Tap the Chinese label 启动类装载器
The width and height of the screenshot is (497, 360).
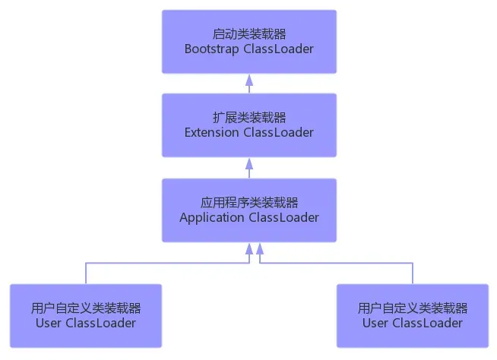tap(249, 34)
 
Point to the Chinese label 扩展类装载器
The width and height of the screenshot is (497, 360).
tap(249, 118)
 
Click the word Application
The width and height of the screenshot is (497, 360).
tap(212, 218)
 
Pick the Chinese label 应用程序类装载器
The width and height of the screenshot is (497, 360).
tap(249, 203)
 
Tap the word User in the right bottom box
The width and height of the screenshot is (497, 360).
tap(375, 323)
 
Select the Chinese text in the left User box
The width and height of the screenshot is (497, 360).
tap(86, 308)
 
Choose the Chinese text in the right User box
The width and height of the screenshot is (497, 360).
tap(413, 308)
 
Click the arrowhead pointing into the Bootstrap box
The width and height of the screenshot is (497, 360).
tap(249, 78)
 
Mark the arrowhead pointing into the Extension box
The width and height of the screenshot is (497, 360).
tap(249, 163)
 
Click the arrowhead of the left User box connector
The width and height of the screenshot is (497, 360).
tap(249, 248)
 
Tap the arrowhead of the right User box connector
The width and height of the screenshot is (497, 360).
tap(260, 248)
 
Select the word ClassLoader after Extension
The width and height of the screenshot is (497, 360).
tap(278, 133)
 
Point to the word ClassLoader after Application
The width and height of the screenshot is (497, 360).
tap(283, 218)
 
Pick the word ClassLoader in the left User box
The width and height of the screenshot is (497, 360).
tap(100, 323)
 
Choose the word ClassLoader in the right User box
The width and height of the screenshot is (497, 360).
tap(427, 323)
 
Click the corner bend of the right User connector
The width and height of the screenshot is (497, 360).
tap(413, 264)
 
